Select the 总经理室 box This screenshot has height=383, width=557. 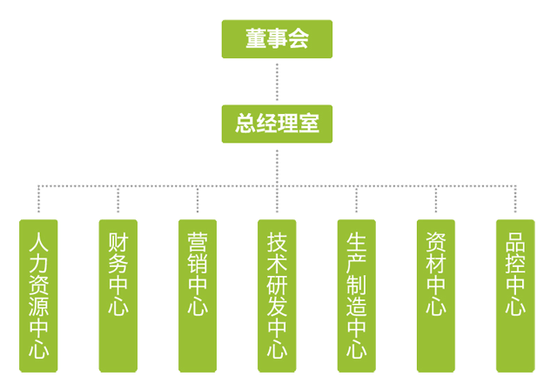tap(278, 124)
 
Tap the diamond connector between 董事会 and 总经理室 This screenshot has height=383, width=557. tap(277, 82)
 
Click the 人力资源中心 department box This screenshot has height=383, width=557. tap(38, 296)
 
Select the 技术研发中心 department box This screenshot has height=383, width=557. tap(277, 296)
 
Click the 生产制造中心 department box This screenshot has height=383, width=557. tap(356, 296)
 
